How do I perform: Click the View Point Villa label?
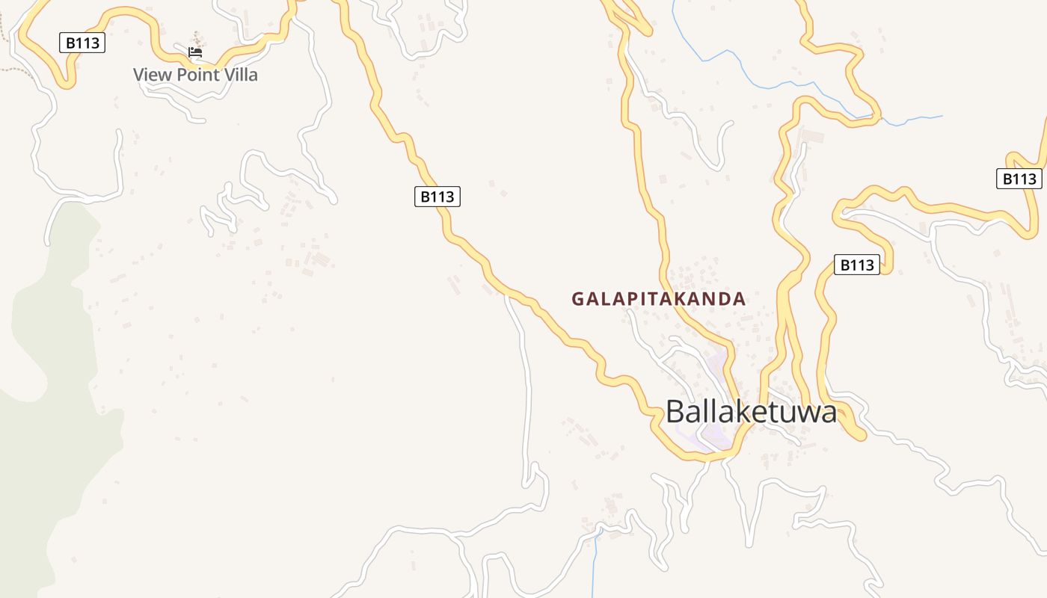point(195,75)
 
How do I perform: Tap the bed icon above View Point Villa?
point(195,52)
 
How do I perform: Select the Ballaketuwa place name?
point(751,411)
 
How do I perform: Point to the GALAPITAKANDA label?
point(659,299)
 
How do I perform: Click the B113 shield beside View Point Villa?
point(82,43)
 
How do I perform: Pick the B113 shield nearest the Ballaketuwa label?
point(857,265)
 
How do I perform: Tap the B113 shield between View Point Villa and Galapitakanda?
point(437,197)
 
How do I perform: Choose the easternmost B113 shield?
point(1019,179)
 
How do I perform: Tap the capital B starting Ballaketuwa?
point(676,412)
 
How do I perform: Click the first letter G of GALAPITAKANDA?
point(577,299)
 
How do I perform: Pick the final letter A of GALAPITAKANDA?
point(740,299)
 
